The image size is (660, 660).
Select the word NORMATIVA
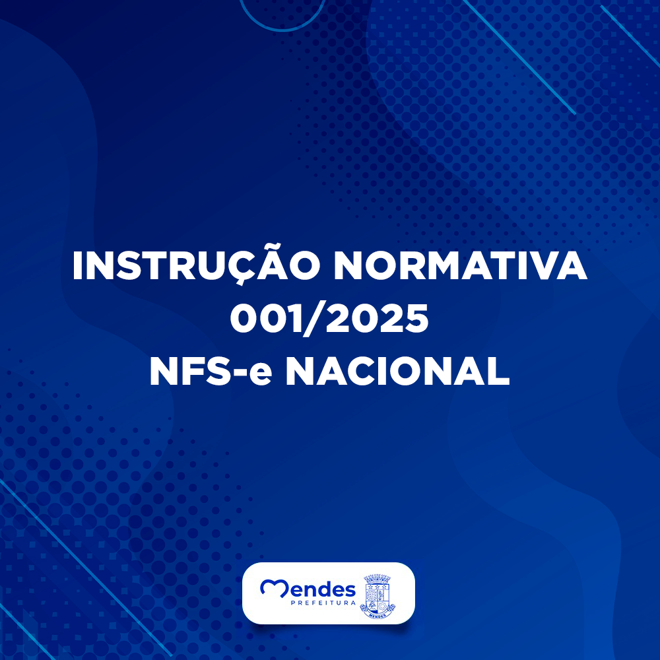tap(460, 266)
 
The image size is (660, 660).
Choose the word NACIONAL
tap(398, 371)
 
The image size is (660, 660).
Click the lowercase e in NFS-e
tap(261, 374)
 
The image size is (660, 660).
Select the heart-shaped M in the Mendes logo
tap(275, 587)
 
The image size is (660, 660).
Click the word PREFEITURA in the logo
tap(323, 603)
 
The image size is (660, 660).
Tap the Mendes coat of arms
tap(378, 597)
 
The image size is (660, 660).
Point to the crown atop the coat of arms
tap(378, 578)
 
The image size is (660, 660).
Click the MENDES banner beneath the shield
tap(378, 615)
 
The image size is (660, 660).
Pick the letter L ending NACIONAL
tap(499, 371)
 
